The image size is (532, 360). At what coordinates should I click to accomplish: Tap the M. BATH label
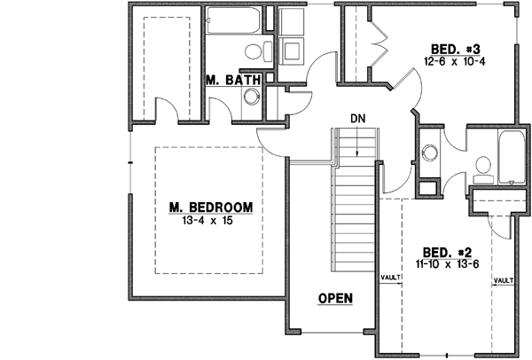point(232,80)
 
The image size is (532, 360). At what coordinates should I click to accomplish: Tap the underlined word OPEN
point(335,298)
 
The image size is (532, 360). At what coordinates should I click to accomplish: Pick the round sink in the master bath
point(251,100)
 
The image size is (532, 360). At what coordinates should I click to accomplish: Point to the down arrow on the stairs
point(357,142)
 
